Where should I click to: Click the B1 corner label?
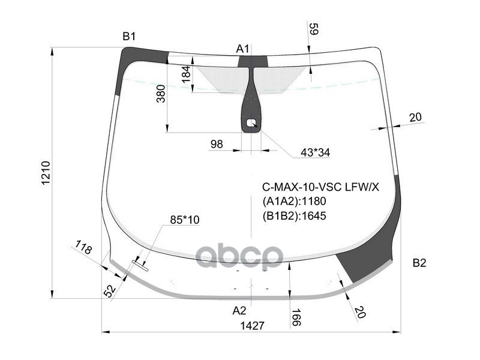pos(129,37)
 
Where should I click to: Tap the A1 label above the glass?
pos(242,48)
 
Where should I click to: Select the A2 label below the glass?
pos(239,310)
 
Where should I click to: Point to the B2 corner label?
pos(419,263)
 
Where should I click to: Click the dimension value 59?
pos(313,29)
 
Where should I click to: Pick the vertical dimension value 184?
pos(186,74)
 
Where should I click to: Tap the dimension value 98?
pos(217,144)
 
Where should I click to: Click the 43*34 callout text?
pos(315,152)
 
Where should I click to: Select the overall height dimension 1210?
pos(46,173)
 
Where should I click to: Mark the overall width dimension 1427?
pos(252,325)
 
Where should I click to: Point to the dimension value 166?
pos(296,317)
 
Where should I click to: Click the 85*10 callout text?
pos(184,220)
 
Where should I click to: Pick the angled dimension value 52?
pos(110,291)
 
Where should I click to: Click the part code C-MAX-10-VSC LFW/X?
pos(320,187)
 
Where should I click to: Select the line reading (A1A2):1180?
pos(294,201)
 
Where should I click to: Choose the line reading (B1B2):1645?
pos(294,215)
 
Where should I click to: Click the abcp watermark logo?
pos(239,256)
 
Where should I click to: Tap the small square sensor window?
pos(251,124)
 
